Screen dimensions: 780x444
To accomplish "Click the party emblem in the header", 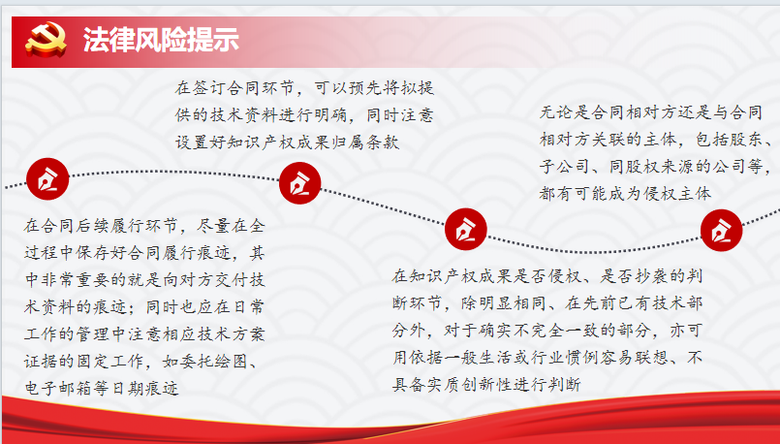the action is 46,40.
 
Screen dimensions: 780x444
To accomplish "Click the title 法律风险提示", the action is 161,40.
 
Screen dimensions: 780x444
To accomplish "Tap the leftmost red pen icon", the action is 47,179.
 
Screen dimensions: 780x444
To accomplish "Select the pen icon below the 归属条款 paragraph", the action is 300,183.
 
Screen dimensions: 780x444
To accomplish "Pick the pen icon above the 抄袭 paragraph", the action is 466,229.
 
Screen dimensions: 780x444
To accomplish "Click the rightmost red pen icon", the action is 721,231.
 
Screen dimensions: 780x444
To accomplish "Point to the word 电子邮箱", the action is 58,388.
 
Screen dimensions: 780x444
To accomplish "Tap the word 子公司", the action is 565,166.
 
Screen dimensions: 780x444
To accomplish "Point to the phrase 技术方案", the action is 231,334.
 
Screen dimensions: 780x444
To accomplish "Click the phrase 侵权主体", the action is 677,193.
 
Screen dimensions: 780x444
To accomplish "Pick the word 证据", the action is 42,361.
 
